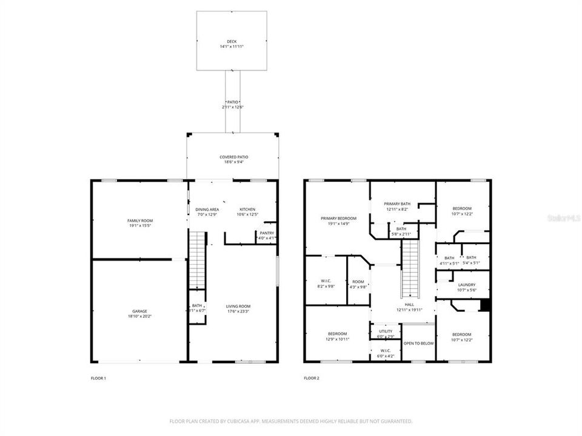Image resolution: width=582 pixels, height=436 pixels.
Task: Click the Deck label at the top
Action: click(233, 42)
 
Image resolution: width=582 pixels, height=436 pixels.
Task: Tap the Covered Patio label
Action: click(233, 157)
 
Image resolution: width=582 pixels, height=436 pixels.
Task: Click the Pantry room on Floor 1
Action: click(267, 235)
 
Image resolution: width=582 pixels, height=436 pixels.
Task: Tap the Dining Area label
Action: click(207, 209)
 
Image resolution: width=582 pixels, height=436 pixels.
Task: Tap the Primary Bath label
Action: click(397, 203)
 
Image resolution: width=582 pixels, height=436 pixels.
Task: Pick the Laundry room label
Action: click(466, 285)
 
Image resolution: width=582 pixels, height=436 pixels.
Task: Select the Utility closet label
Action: click(386, 331)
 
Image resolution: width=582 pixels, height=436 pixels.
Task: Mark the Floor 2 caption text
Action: click(312, 378)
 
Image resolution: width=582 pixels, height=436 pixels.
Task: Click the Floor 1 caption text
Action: click(98, 378)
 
